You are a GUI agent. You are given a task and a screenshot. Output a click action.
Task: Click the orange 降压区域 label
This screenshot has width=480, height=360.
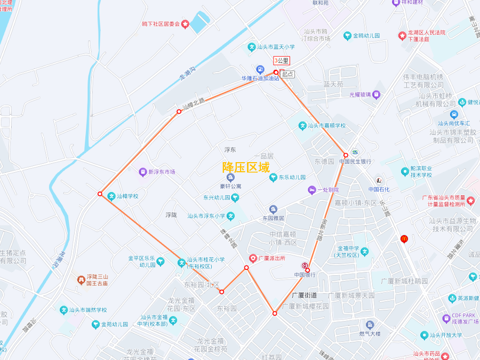tap(246, 167)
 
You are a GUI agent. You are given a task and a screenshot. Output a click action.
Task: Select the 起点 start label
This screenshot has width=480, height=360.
tap(287, 74)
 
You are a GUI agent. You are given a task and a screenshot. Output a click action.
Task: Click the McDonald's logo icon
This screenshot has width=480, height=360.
tap(404, 239)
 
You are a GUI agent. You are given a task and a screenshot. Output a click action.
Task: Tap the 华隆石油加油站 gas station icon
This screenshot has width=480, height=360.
tap(260, 69)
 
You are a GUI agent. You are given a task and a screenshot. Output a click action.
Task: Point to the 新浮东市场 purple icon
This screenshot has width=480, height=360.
tap(142, 172)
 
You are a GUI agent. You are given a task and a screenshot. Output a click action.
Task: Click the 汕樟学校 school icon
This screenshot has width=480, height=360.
tap(111, 196)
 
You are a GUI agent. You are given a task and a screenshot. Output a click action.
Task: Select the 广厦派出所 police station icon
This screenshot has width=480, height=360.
tap(253, 258)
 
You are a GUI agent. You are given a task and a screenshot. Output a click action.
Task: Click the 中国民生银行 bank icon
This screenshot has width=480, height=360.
tap(355, 152)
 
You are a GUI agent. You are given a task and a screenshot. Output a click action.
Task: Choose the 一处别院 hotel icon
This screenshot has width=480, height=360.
tap(311, 190)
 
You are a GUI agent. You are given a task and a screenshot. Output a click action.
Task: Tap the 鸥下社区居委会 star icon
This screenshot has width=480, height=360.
tap(185, 24)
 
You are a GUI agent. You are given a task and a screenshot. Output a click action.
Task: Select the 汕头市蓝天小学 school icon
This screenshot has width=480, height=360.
tap(252, 47)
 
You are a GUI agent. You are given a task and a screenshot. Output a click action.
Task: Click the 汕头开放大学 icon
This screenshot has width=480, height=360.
tap(424, 335)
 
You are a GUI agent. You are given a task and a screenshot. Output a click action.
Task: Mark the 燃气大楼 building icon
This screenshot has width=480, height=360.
tap(370, 324)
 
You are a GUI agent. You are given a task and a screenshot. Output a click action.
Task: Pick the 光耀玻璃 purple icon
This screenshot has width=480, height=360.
tap(377, 94)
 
